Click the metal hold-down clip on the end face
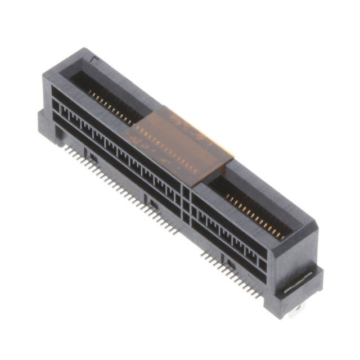pyautogui.click(x=299, y=282)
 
